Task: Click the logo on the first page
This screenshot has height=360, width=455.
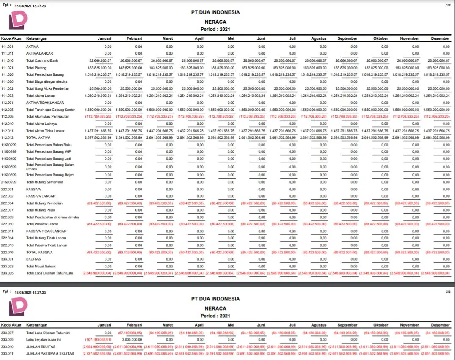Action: pos(18,20)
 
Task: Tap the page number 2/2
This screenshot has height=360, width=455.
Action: pos(448,292)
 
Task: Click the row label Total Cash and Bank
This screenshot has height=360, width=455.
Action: pos(42,60)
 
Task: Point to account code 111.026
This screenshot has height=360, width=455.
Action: pos(7,74)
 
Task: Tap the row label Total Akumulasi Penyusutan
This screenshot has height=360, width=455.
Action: pos(47,116)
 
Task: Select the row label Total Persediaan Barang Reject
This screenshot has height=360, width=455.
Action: pos(50,175)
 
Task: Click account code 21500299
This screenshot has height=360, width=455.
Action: pos(8,182)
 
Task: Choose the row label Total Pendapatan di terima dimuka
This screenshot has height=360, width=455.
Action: pos(52,217)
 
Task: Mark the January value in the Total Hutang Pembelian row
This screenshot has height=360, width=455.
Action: pos(99,203)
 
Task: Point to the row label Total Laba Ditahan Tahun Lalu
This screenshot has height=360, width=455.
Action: pos(50,273)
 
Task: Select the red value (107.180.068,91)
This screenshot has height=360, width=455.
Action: pos(99,339)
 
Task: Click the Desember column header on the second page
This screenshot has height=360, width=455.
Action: pos(440,325)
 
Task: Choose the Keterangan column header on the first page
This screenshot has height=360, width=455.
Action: pos(37,38)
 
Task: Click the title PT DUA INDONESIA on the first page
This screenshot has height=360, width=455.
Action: pos(215,12)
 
